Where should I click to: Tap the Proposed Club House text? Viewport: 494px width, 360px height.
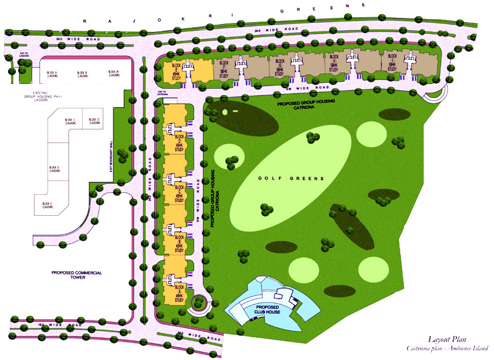coord(266,309)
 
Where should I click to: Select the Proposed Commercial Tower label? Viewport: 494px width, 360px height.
coord(76,275)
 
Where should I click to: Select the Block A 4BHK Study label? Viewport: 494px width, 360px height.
coord(179,292)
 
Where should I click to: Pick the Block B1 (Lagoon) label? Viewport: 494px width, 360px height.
coord(113,74)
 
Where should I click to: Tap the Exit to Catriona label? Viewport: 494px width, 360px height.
coord(163,93)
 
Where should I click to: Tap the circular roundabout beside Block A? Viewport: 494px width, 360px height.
coord(199,303)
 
